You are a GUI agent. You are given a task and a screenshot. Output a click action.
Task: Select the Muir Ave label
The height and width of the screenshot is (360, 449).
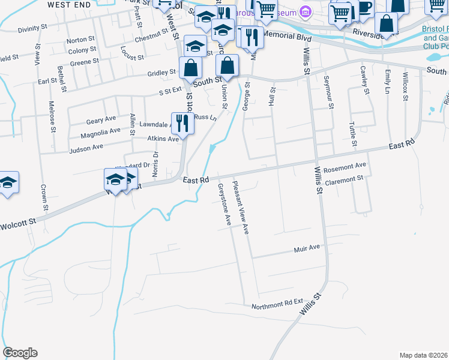pyautogui.click(x=307, y=247)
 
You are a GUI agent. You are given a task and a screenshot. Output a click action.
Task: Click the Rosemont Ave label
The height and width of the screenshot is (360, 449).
pyautogui.click(x=345, y=166)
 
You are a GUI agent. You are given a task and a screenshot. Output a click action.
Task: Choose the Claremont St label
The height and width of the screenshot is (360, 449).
pyautogui.click(x=344, y=179)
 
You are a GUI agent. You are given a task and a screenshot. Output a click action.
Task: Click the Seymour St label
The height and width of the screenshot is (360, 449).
pyautogui.click(x=328, y=93)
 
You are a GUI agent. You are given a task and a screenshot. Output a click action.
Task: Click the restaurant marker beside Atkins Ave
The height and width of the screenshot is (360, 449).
pyautogui.click(x=183, y=123)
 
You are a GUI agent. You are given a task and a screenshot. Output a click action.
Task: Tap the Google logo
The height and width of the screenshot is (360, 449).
pyautogui.click(x=20, y=353)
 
